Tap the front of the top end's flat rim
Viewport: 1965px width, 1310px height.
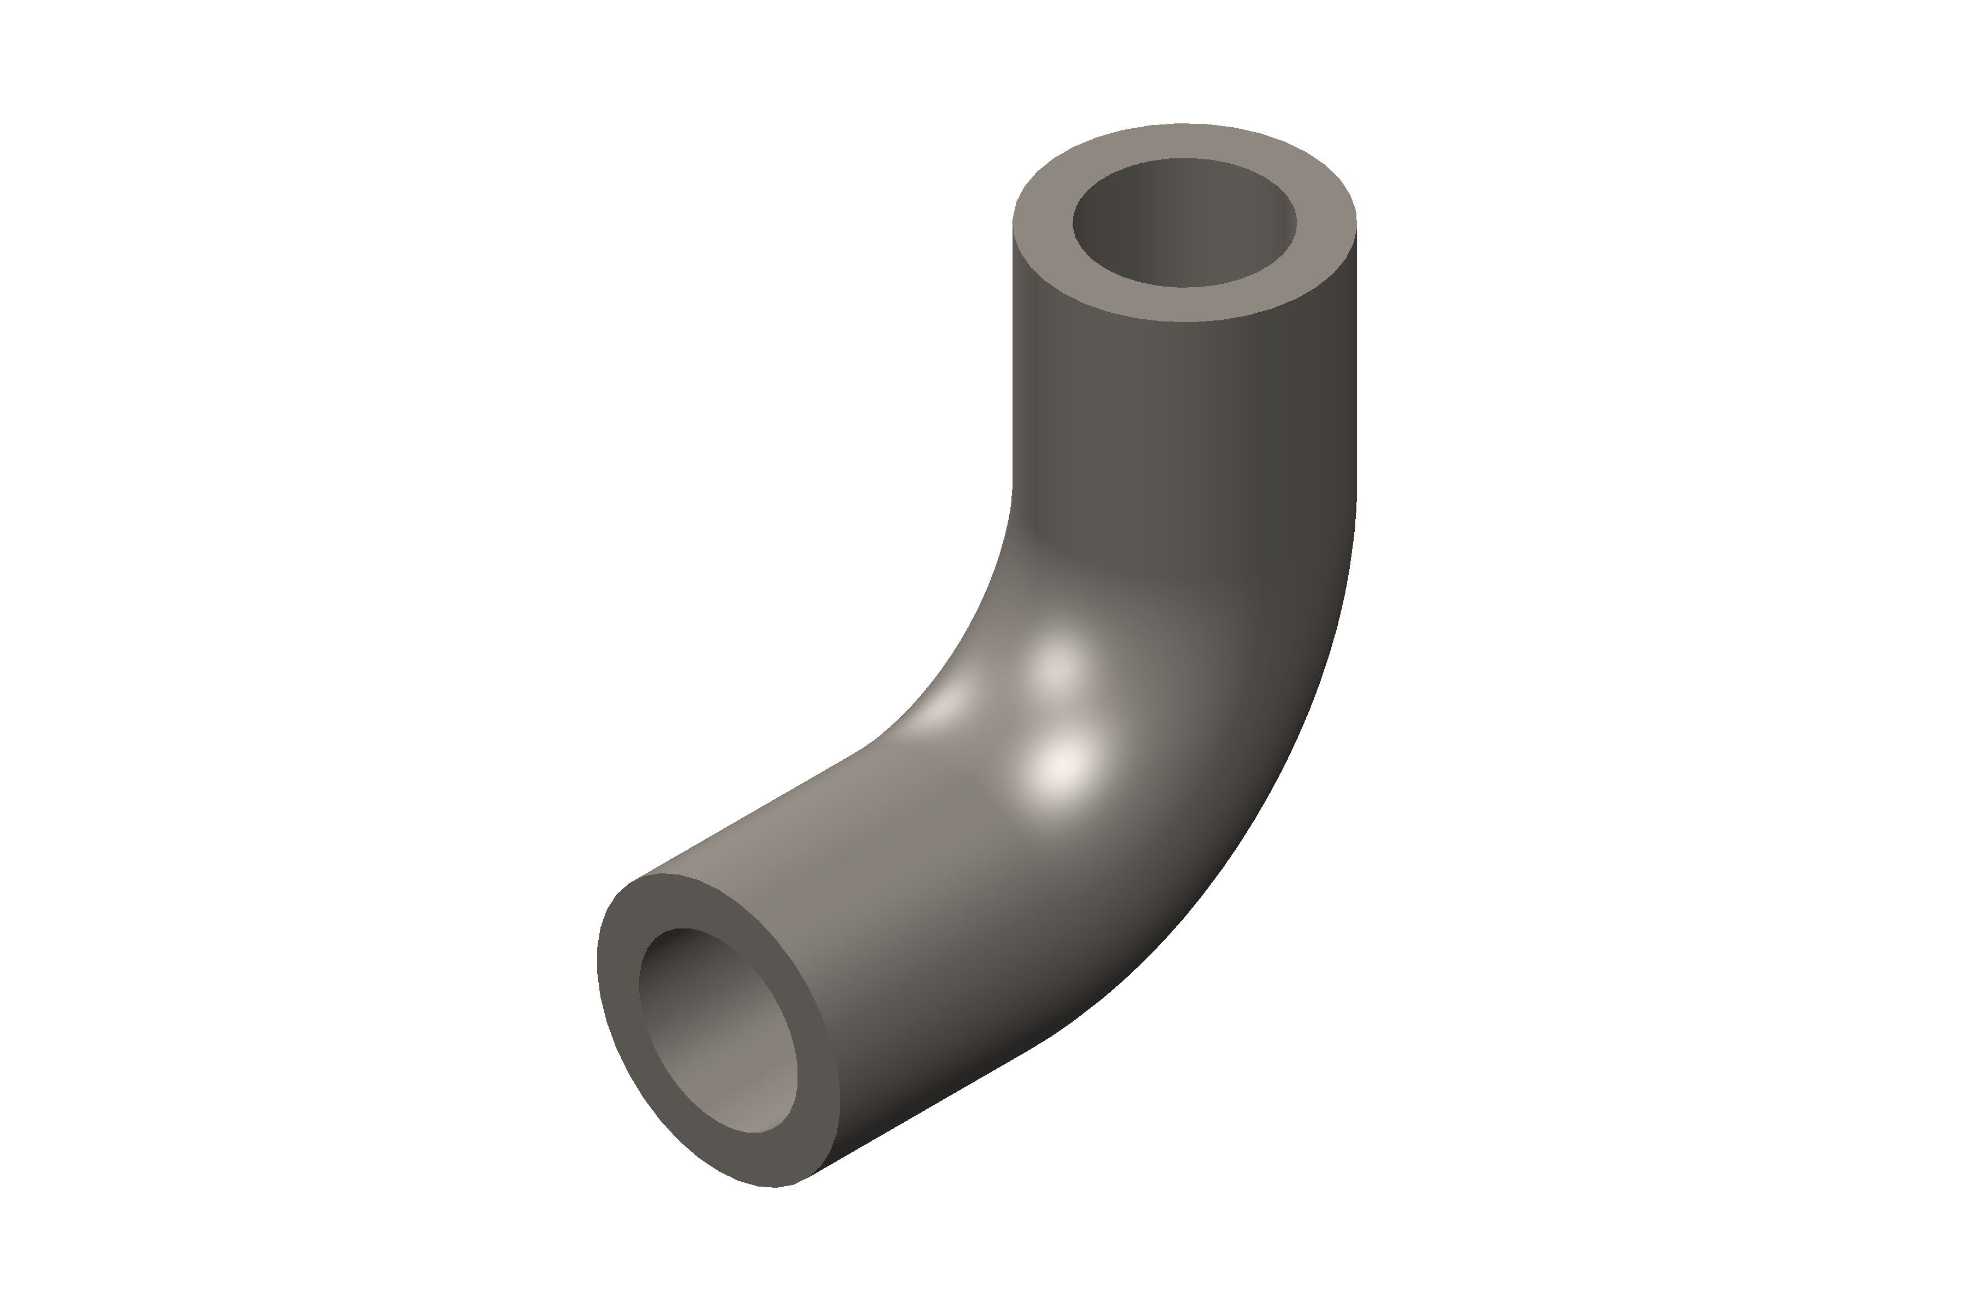point(1184,305)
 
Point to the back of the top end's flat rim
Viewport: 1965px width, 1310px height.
point(1184,140)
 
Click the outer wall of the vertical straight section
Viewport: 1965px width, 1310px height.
point(1184,401)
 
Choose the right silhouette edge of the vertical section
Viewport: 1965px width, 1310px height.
point(1356,359)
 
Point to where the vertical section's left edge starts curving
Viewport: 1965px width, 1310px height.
point(1013,489)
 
